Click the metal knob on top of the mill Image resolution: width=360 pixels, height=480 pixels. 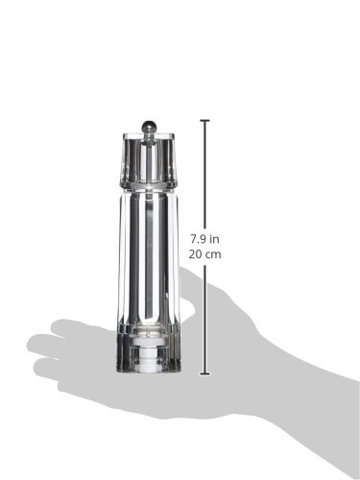[x=149, y=127]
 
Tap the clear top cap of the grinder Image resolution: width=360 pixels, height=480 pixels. [x=149, y=158]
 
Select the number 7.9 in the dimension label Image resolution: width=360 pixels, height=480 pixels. [x=198, y=239]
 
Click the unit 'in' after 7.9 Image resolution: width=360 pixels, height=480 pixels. [x=214, y=239]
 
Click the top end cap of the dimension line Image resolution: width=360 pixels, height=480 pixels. [x=204, y=121]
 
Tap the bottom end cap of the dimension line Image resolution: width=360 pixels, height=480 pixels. [x=204, y=373]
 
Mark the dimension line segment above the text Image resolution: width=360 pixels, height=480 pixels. [x=204, y=177]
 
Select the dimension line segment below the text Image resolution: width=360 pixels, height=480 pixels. [x=204, y=318]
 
